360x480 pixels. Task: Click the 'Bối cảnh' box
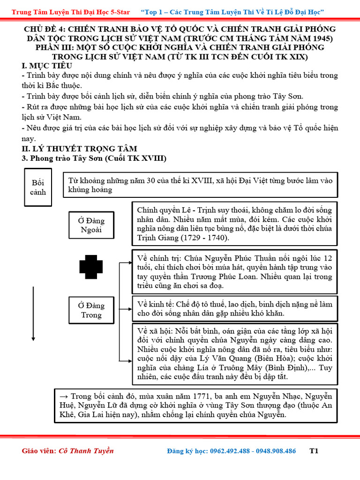(x=38, y=187)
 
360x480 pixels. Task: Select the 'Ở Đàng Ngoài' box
(x=91, y=225)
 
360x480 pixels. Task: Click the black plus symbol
(x=90, y=267)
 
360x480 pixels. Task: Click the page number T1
(x=314, y=451)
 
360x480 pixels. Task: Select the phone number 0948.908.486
(x=275, y=451)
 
